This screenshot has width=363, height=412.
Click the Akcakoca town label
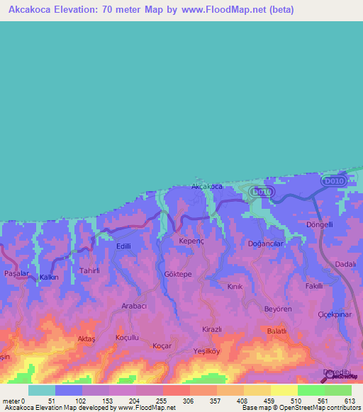tap(207, 186)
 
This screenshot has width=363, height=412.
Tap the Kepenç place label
tap(191, 241)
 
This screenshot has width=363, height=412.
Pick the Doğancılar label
tap(266, 243)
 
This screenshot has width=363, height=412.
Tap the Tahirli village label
tap(91, 270)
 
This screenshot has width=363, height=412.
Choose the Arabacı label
tap(134, 305)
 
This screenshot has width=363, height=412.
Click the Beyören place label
tap(278, 310)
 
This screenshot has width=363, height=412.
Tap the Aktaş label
tap(85, 340)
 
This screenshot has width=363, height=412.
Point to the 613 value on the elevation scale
tap(350, 400)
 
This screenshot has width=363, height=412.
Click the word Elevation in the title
tap(78, 10)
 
